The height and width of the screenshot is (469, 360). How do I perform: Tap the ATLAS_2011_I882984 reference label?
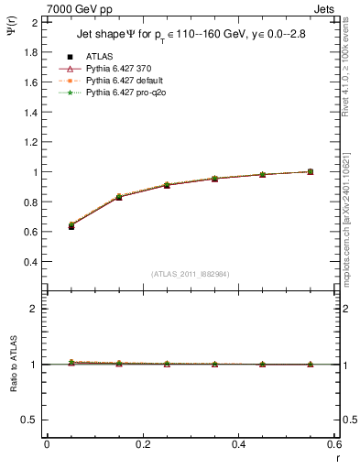[191, 273]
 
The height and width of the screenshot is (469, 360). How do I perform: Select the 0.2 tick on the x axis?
[143, 443]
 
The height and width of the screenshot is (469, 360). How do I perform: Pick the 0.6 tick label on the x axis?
[334, 443]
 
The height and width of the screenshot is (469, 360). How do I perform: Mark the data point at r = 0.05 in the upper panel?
[71, 225]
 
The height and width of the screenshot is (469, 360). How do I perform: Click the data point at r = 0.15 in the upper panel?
[119, 197]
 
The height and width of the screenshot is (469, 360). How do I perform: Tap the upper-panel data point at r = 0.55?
[310, 171]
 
